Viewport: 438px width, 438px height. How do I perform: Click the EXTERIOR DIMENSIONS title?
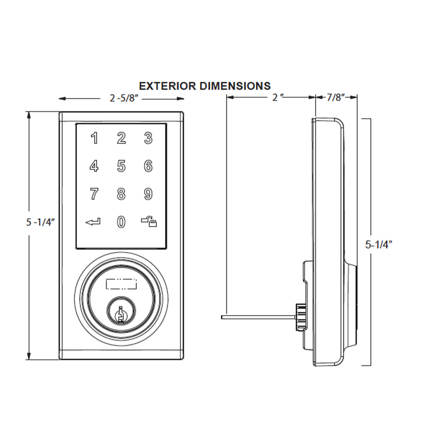[x=205, y=86]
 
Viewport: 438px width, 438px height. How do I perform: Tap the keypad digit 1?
[x=94, y=139]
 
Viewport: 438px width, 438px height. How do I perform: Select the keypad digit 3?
[x=148, y=139]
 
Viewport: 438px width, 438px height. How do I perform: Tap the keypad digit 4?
[x=94, y=166]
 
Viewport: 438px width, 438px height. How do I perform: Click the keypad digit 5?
[x=121, y=166]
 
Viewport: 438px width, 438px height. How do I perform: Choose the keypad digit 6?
[x=148, y=166]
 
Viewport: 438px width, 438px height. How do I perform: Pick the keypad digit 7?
[x=94, y=194]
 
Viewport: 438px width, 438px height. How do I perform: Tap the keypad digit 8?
[x=121, y=194]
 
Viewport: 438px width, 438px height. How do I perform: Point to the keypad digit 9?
[x=148, y=194]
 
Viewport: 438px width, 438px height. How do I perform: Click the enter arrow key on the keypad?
[x=93, y=222]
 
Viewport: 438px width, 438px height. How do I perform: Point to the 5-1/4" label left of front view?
[x=40, y=222]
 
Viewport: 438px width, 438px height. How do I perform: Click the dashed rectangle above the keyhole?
[x=121, y=284]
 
